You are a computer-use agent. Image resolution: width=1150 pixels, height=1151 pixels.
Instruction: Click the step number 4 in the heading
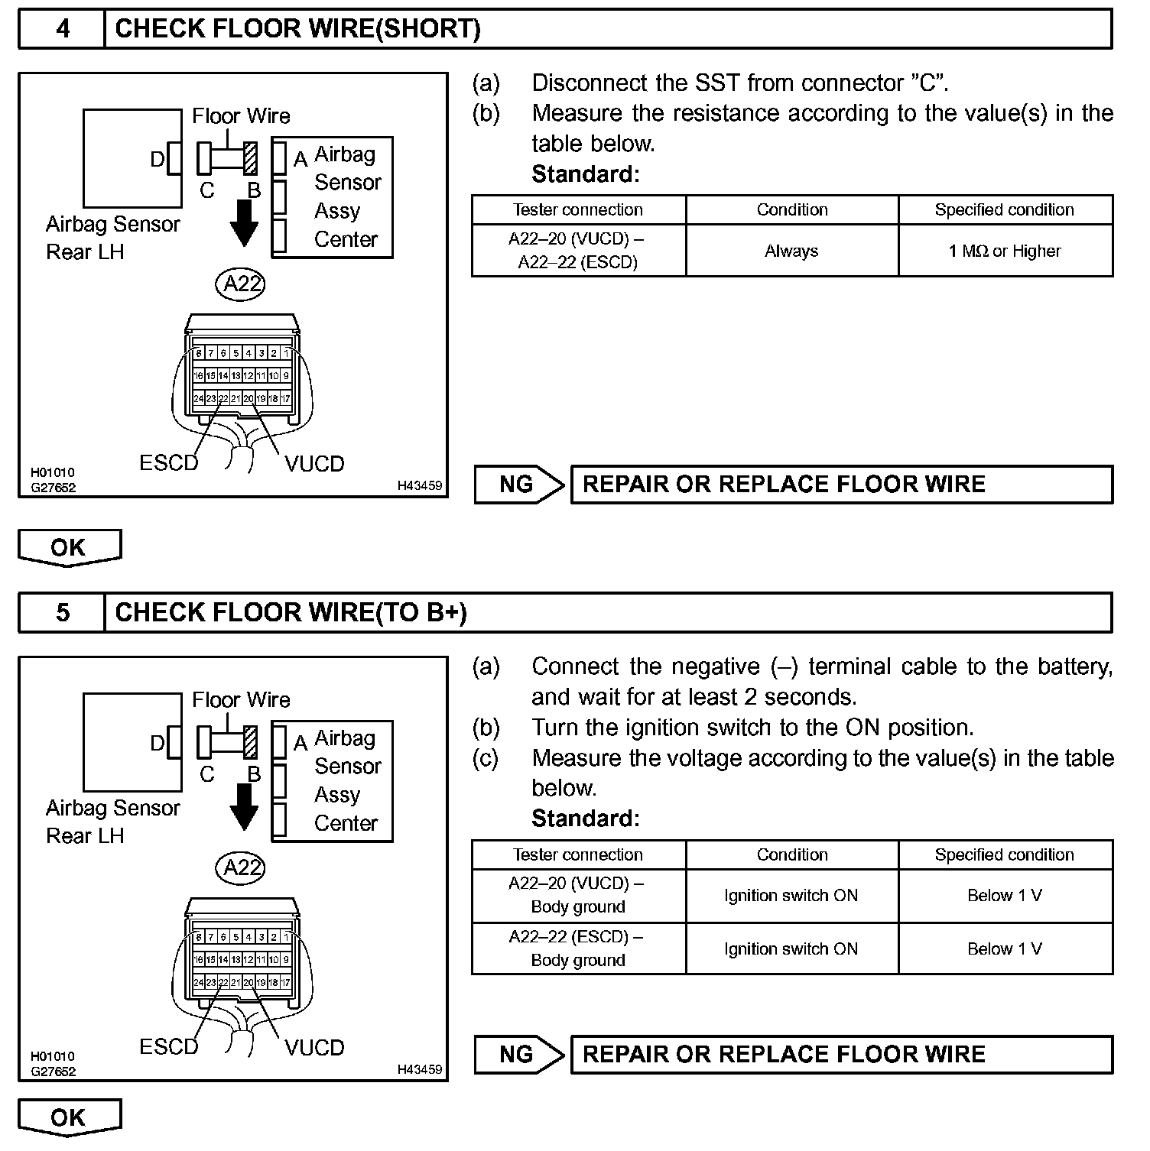pos(62,29)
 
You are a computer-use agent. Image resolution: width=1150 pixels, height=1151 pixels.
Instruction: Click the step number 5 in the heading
pos(62,612)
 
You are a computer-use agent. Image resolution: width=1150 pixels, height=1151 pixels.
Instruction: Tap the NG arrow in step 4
pos(518,485)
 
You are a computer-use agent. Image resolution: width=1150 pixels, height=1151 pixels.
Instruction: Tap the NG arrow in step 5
pos(518,1055)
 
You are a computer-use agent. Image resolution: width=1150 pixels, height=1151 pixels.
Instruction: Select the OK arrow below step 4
pos(69,548)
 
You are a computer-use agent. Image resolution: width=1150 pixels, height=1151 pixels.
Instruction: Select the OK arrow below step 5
pos(69,1118)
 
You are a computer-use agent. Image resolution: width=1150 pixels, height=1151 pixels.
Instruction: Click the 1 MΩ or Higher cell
pos(1005,251)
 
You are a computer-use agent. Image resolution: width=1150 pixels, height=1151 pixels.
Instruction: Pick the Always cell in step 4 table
pos(791,251)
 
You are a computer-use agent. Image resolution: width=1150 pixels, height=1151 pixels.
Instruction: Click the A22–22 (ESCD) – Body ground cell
pos(578,948)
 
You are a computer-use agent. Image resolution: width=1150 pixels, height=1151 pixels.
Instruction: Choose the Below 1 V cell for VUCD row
pos(1005,895)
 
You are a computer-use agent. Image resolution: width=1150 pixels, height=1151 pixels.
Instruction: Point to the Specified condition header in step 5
pos(1005,854)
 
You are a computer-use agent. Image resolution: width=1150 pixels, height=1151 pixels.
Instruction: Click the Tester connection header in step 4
pos(578,209)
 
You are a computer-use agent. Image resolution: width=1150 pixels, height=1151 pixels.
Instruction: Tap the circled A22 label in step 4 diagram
pos(242,284)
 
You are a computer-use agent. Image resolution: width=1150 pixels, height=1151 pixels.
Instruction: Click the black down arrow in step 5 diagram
pos(244,807)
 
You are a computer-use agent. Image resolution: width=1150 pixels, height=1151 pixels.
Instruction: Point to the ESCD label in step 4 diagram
pos(168,463)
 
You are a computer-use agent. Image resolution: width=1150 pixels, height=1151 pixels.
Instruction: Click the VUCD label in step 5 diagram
pos(314,1047)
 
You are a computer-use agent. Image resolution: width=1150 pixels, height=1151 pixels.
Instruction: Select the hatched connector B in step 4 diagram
pos(249,158)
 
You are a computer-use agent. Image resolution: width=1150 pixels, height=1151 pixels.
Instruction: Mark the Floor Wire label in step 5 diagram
pos(241,699)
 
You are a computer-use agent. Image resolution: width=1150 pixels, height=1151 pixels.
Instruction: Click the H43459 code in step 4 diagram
pos(419,485)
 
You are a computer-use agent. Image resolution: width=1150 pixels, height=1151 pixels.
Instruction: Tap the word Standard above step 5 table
pos(585,819)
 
